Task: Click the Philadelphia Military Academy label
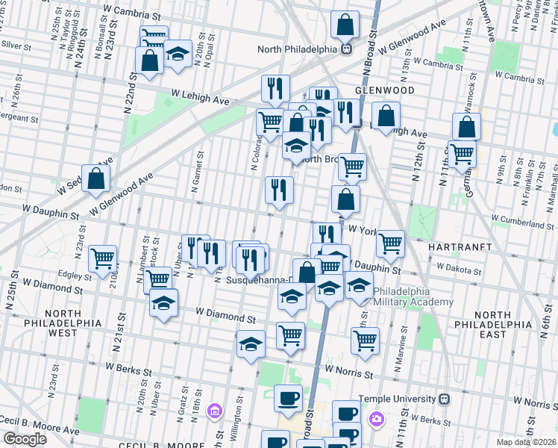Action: [413, 296]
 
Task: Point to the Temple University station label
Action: [399, 399]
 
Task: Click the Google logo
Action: [24, 438]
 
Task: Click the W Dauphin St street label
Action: [51, 214]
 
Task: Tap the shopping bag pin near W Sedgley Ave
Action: [95, 178]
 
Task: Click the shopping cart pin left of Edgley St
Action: [102, 259]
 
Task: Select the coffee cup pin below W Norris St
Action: [288, 399]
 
